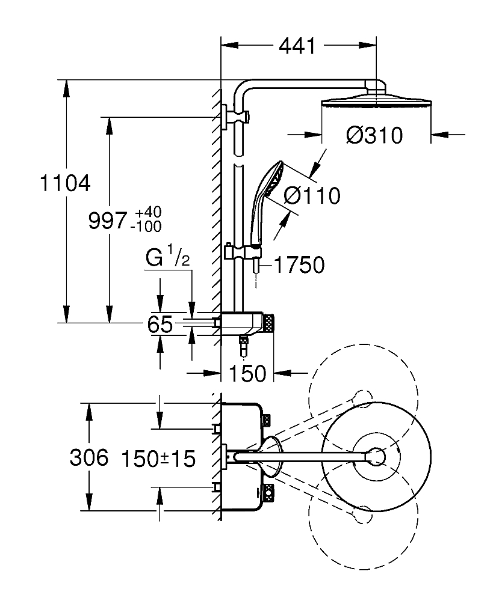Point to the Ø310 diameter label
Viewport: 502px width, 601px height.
[x=374, y=136]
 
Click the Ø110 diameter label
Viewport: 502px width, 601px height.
[x=312, y=195]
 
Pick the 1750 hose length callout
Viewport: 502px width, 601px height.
[x=300, y=264]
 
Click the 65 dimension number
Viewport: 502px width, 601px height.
[x=160, y=325]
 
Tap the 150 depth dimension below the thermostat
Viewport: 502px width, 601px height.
[x=248, y=373]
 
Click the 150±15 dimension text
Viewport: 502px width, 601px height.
[x=158, y=460]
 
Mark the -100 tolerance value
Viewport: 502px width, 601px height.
[x=147, y=227]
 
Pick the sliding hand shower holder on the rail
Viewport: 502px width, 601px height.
[x=229, y=252]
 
